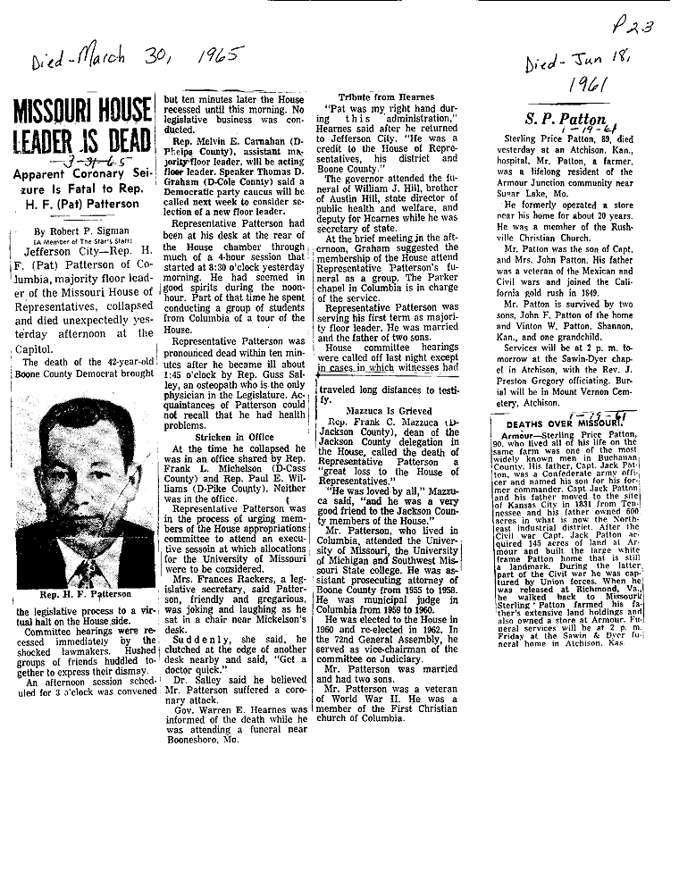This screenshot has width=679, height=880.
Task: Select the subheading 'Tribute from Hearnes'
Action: tap(386, 96)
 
